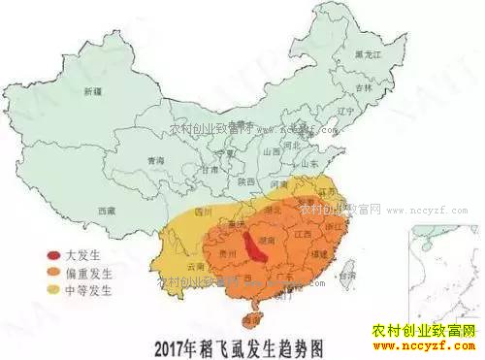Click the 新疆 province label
coord(92,91)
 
